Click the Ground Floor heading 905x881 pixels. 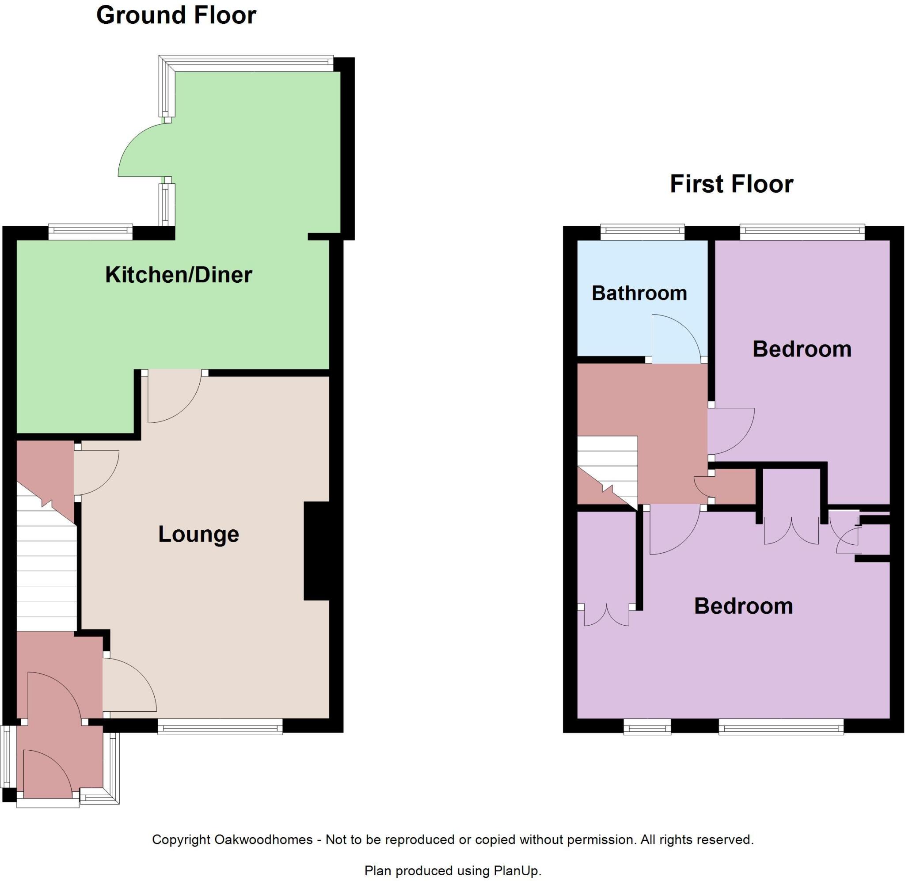[x=176, y=15]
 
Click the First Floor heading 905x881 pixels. [x=731, y=184]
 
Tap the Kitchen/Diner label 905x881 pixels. [x=179, y=275]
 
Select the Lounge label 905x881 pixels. [x=198, y=534]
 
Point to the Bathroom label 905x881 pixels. [x=639, y=293]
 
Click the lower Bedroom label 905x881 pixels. [x=743, y=606]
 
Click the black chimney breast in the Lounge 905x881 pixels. [x=316, y=551]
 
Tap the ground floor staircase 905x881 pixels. [x=46, y=569]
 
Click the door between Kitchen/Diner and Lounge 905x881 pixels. [x=174, y=398]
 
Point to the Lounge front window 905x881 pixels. [x=220, y=726]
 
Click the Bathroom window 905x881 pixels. [x=642, y=233]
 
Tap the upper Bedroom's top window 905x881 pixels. [x=802, y=233]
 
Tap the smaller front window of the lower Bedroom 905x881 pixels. [x=647, y=727]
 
